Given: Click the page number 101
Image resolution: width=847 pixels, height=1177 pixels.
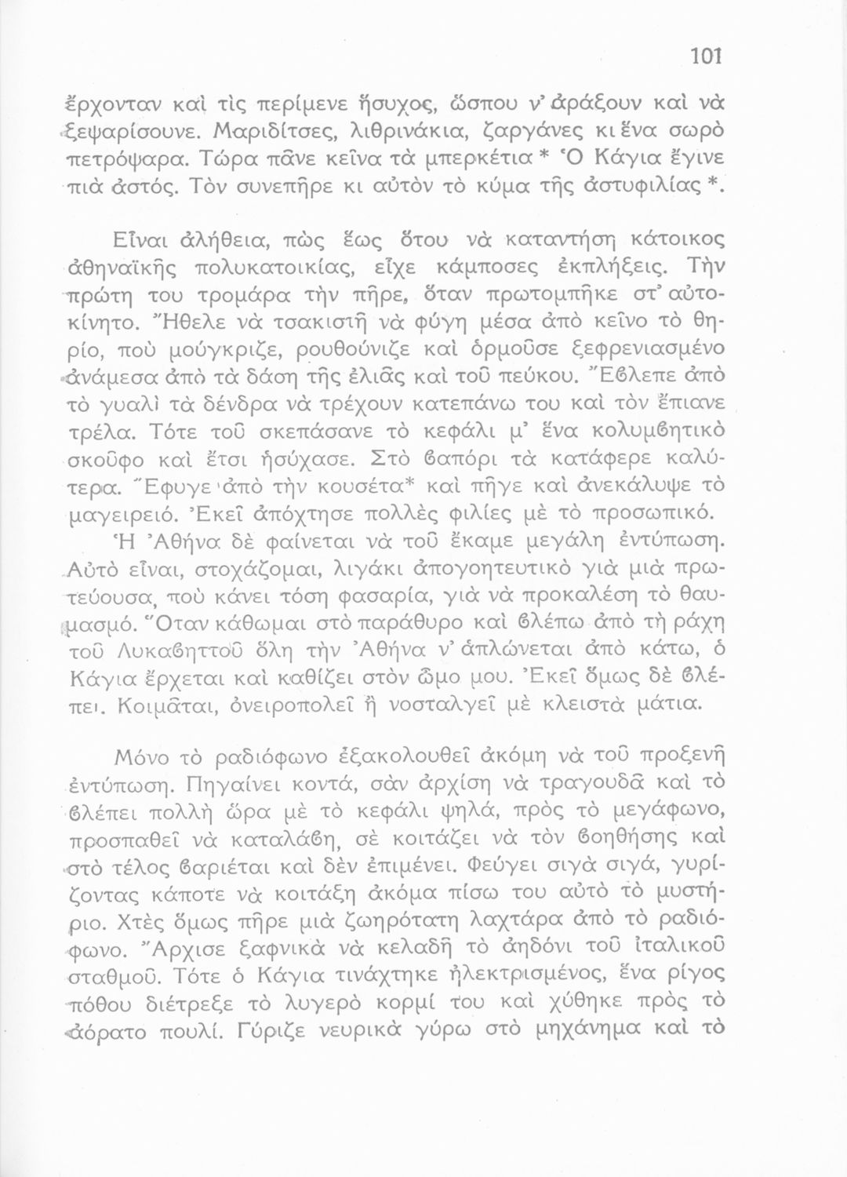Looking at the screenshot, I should (x=705, y=56).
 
